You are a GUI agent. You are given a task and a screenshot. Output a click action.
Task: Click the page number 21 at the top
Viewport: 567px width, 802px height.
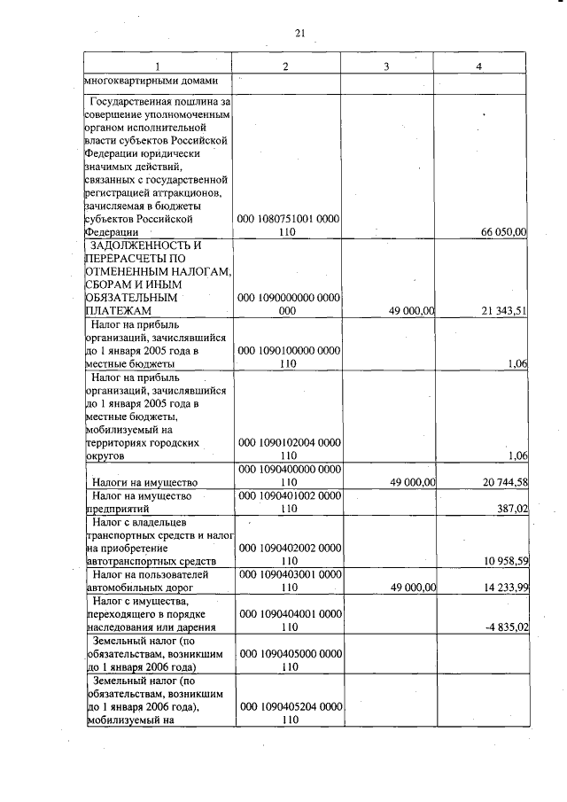299,34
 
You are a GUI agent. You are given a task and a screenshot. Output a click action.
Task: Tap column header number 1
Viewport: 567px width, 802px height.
158,66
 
